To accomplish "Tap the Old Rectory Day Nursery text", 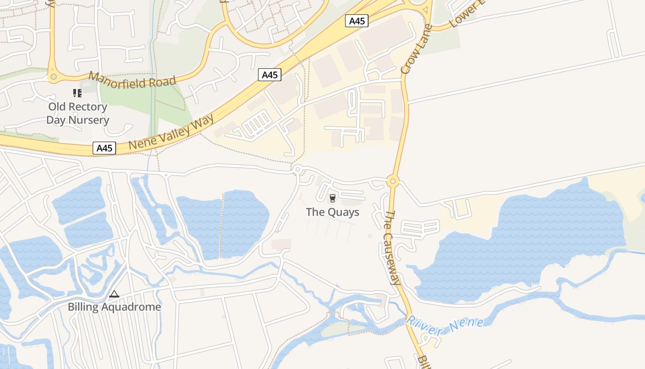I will tap(78, 113).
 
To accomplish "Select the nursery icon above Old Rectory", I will tap(77, 94).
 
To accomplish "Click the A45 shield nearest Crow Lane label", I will tap(357, 21).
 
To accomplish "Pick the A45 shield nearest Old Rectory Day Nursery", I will tap(104, 148).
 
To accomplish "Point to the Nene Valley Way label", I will tap(171, 132).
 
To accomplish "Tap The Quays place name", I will tap(333, 212).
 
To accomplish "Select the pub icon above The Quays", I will tap(332, 198).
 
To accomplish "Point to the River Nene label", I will tap(445, 325).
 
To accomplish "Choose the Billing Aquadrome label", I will tap(114, 307).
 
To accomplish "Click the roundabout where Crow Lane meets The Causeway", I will tap(393, 181).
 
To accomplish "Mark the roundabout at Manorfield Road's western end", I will tap(53, 77).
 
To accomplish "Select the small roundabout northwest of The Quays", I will tap(298, 170).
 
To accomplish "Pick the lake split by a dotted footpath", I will tap(223, 224).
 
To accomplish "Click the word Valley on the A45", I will tap(172, 132).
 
